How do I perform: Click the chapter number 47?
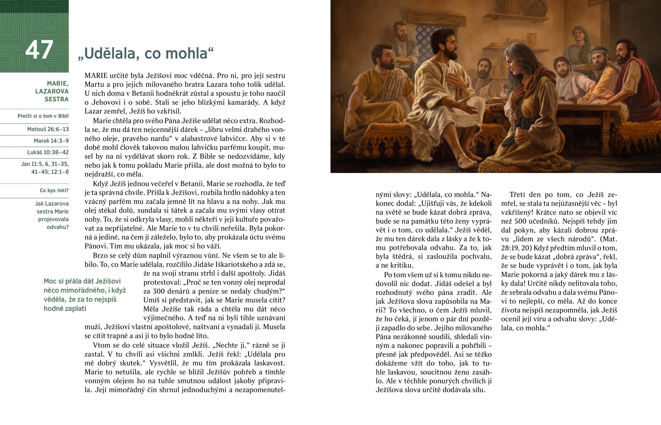(x=39, y=50)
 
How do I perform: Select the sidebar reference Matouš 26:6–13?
(x=48, y=129)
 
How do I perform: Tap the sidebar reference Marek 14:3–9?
(x=51, y=141)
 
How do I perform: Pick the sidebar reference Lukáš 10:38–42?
(x=48, y=152)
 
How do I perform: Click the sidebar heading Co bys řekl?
(x=54, y=191)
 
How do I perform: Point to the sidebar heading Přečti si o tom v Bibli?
(x=43, y=116)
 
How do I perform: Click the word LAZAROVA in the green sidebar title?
(x=52, y=91)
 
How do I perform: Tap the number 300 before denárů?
(x=159, y=291)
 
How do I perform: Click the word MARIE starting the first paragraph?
(x=96, y=76)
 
